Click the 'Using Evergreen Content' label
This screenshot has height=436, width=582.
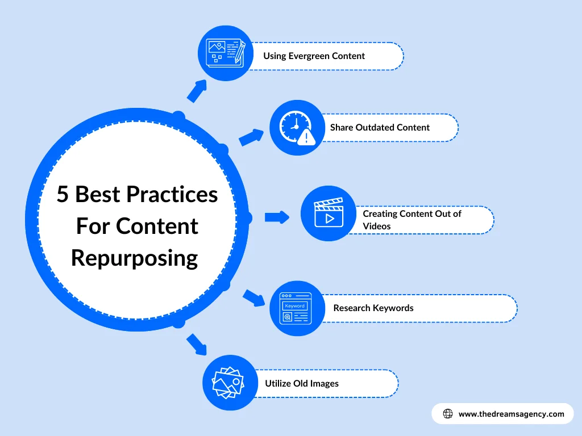pos(314,56)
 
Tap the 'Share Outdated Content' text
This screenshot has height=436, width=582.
pos(380,128)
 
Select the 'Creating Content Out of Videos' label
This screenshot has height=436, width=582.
pos(412,220)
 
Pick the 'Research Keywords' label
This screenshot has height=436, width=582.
pos(373,308)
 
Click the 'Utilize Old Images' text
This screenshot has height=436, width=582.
pos(301,384)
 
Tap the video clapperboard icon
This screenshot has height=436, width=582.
pos(328,213)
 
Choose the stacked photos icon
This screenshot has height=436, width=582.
pos(228,382)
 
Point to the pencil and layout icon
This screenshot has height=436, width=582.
pos(226,53)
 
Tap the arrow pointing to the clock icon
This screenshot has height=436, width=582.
pos(251,137)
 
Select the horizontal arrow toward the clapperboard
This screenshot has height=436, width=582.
pos(277,216)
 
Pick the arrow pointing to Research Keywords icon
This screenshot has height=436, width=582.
pos(254,297)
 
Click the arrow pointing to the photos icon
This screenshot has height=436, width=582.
pos(197,344)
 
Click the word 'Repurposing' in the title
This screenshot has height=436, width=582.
pos(135,258)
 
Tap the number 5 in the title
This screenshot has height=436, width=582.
pos(63,195)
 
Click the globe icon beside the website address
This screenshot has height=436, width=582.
pos(448,414)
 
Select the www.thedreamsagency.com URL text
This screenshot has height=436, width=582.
pos(511,414)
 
